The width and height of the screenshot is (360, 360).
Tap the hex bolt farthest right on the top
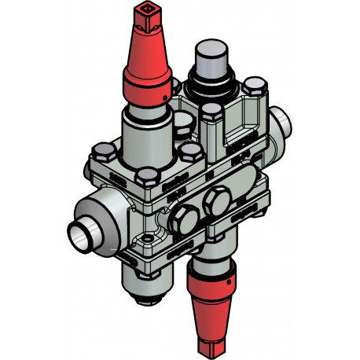click(252, 86)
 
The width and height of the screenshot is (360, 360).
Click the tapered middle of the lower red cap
click(210, 307)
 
